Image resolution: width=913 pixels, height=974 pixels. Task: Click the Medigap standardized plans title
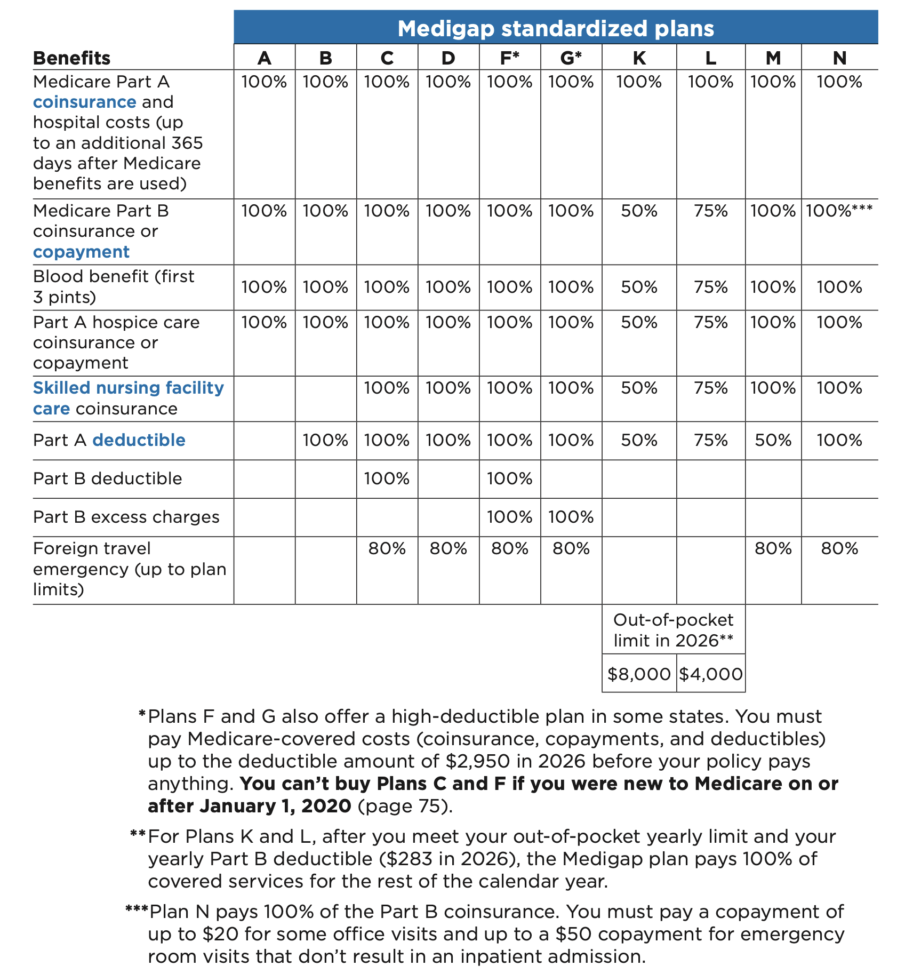[x=555, y=28]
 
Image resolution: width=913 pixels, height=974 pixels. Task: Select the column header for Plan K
[x=639, y=58]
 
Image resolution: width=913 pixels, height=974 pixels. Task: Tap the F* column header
[x=509, y=58]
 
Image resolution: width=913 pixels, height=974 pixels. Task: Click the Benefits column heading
[x=71, y=58]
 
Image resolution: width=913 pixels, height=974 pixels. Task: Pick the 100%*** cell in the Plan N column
[x=839, y=211]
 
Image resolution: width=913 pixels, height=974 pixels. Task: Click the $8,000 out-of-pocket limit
[x=639, y=674]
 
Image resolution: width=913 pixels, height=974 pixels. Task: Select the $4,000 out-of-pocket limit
[x=710, y=674]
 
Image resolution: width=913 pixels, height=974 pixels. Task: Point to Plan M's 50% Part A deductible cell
[x=773, y=441]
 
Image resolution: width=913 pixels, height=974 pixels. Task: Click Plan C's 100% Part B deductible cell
[x=387, y=479]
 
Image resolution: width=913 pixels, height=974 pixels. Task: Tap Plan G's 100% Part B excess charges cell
[x=571, y=517]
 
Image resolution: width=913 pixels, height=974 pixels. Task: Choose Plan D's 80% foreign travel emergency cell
[x=448, y=549]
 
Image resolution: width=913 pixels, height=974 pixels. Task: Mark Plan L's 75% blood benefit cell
[x=710, y=288]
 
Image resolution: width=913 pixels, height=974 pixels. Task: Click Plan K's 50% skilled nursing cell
[x=639, y=388]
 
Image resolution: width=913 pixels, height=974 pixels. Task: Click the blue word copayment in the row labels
[x=81, y=252]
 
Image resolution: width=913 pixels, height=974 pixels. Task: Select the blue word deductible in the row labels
[x=139, y=441]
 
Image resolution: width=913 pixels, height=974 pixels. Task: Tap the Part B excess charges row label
[x=126, y=517]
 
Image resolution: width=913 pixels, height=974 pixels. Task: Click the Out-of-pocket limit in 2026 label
[x=673, y=630]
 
